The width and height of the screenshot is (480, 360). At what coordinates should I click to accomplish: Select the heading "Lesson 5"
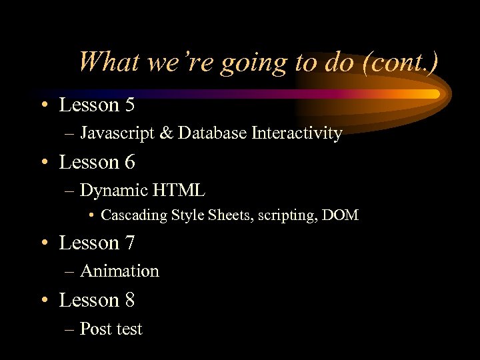pyautogui.click(x=97, y=105)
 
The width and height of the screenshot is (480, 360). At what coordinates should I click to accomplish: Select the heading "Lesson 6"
pyautogui.click(x=97, y=162)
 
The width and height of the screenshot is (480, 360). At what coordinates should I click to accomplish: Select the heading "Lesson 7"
pyautogui.click(x=97, y=243)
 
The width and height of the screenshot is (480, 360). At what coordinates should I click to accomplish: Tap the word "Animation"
pyautogui.click(x=119, y=271)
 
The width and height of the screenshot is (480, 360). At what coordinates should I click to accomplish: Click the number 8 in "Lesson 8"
pyautogui.click(x=129, y=300)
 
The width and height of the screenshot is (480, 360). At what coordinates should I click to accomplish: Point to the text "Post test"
pyautogui.click(x=111, y=329)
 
